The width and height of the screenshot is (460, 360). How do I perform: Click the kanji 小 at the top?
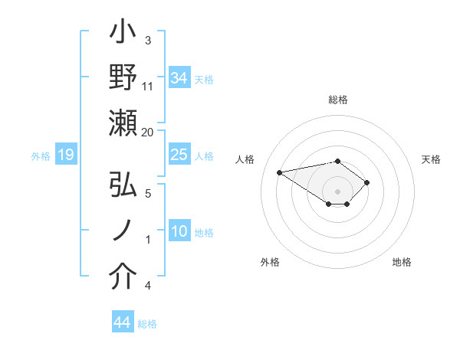coord(123,34)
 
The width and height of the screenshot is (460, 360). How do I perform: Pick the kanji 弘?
coord(123,185)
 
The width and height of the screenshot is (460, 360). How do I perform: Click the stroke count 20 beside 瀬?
coord(147,132)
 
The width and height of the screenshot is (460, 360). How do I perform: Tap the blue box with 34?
coord(179,77)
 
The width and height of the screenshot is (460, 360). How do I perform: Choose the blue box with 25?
coord(179,155)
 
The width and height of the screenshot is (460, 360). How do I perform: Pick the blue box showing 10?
coord(179,232)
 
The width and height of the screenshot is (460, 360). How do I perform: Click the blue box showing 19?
coord(65,155)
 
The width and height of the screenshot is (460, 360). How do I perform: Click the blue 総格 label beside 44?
coord(148,324)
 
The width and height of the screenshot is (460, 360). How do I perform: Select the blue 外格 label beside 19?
coord(41,156)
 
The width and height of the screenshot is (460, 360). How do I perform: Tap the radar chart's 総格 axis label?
coord(337,100)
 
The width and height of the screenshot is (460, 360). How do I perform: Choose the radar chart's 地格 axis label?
coord(402,263)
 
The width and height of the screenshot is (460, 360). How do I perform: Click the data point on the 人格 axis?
coord(280,172)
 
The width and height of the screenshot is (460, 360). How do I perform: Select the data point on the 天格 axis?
coord(367,182)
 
